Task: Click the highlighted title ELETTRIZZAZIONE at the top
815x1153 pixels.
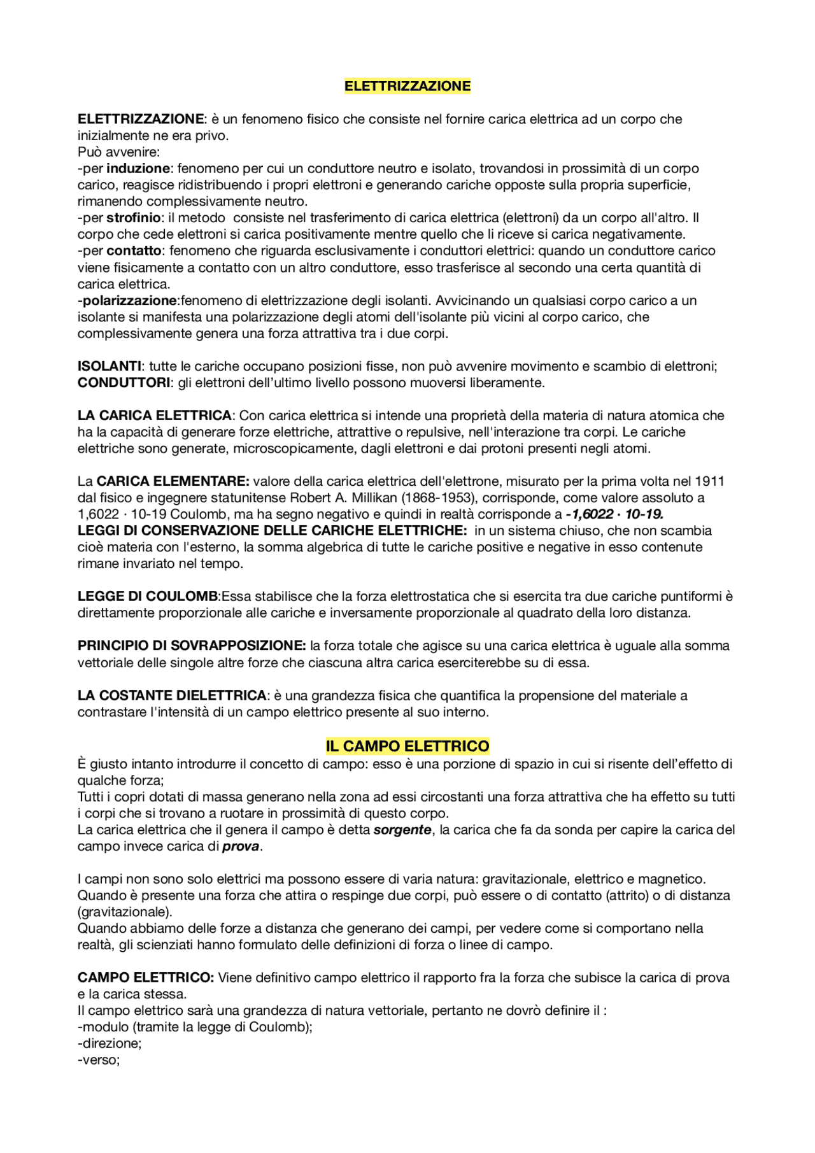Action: [x=407, y=86]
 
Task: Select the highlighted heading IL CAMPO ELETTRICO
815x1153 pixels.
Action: [x=407, y=746]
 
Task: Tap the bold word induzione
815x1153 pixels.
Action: [x=138, y=169]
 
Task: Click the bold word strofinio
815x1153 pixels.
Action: [x=134, y=218]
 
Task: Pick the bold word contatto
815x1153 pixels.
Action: [x=134, y=251]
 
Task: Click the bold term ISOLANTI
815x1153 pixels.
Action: [x=110, y=366]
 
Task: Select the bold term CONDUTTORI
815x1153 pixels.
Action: [x=124, y=383]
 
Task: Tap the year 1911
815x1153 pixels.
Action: [x=709, y=481]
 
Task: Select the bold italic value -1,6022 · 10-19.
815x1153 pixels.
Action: [x=614, y=514]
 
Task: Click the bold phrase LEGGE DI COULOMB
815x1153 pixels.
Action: [x=148, y=597]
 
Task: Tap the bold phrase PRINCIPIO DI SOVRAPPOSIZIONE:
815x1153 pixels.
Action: [x=192, y=646]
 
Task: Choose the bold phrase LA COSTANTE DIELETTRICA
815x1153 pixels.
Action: [x=172, y=695]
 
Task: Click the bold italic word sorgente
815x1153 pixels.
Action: [x=402, y=830]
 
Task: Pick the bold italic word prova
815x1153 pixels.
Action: [x=241, y=846]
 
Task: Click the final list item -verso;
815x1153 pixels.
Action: [x=99, y=1060]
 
